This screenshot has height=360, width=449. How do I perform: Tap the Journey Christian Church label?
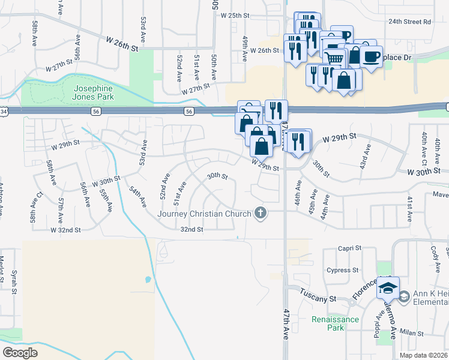(204, 214)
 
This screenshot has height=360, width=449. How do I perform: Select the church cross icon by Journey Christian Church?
(260, 213)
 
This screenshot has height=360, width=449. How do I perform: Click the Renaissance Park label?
(336, 323)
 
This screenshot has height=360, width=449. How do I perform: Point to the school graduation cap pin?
(388, 289)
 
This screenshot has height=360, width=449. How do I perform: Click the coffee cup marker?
(372, 57)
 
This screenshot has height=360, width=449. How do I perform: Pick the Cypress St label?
(343, 270)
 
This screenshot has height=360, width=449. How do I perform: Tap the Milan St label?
(412, 333)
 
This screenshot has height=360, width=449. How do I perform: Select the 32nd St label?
(192, 229)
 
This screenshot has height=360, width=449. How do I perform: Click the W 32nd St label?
(65, 230)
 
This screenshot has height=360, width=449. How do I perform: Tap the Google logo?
(20, 353)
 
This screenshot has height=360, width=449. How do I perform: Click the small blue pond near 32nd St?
(148, 280)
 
